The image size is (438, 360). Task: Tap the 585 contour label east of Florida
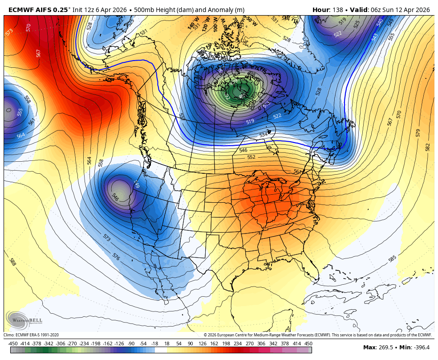[392, 258]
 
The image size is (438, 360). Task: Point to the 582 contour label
[428, 147]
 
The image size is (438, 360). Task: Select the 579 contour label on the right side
[418, 133]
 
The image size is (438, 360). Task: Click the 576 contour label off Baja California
[116, 257]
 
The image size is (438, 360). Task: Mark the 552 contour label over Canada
[251, 157]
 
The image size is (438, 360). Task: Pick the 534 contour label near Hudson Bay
[264, 135]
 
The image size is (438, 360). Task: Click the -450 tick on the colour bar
[13, 344]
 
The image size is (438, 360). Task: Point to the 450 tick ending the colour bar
[308, 344]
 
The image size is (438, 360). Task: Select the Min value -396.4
[421, 348]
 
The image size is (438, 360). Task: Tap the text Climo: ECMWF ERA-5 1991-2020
[31, 335]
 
